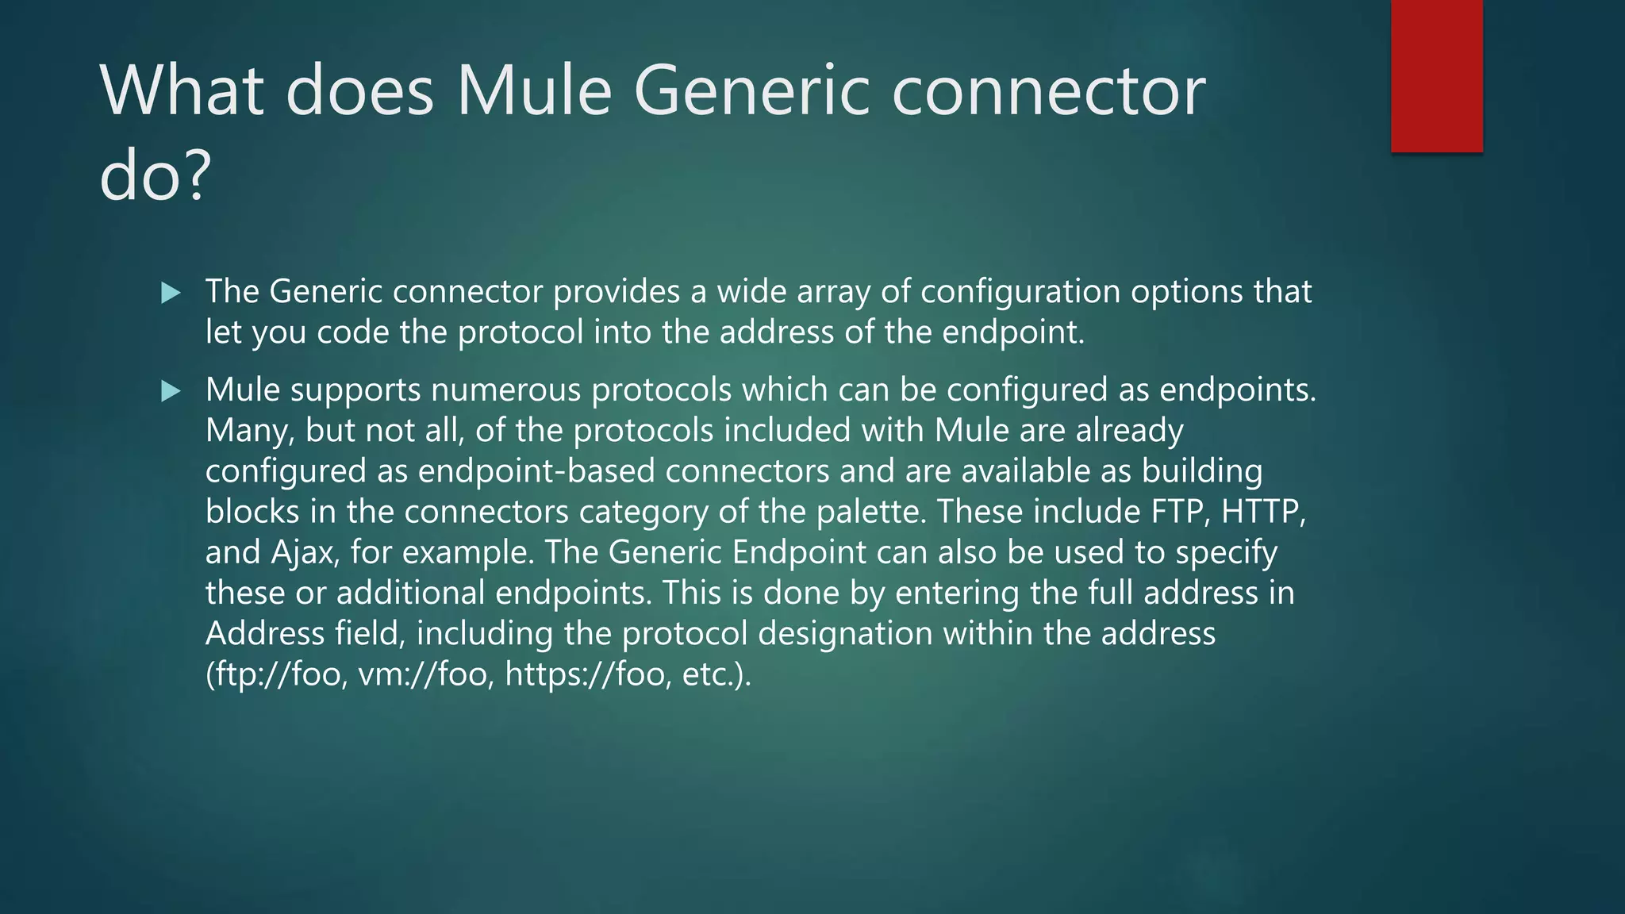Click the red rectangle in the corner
pos(1436,76)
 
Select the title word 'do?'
pos(156,176)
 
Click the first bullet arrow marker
pos(171,294)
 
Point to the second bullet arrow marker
pos(171,391)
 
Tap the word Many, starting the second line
pos(250,431)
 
